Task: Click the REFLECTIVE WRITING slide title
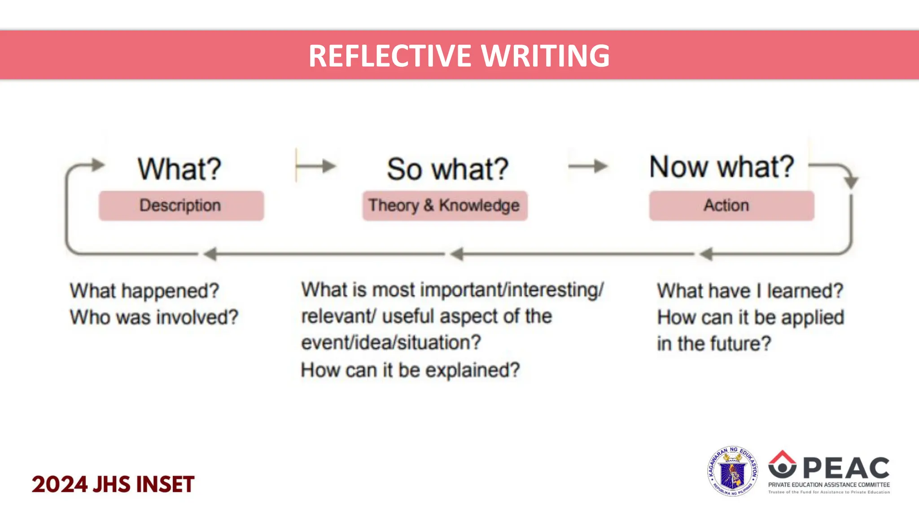[459, 56]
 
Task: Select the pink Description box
[181, 206]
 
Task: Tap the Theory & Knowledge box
[445, 206]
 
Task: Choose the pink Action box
[731, 206]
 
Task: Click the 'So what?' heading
[447, 169]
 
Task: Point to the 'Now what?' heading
[721, 166]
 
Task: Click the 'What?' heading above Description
[179, 169]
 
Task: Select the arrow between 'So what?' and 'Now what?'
[588, 166]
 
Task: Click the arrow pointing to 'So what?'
[317, 166]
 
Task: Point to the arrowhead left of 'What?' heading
[97, 165]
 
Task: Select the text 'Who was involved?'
[154, 317]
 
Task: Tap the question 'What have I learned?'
[750, 291]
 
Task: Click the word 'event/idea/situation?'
[391, 343]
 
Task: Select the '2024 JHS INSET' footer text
[113, 485]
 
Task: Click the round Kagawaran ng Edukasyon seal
[733, 471]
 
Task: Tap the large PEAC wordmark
[846, 468]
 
